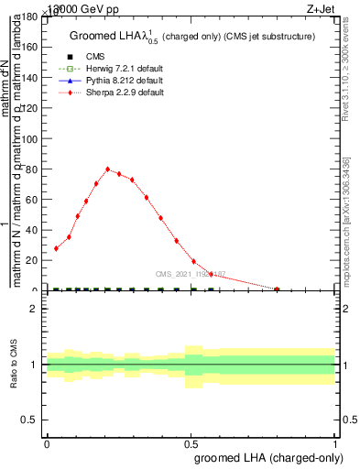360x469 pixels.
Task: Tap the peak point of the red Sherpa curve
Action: coord(108,169)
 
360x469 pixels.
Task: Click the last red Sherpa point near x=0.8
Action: coord(278,289)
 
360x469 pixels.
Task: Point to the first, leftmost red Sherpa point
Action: coord(57,248)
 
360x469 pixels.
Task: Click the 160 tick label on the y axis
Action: coord(30,47)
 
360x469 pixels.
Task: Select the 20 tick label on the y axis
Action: coord(33,260)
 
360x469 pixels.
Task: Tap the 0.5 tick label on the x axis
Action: coord(191,443)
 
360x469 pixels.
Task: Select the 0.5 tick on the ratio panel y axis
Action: coord(30,420)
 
